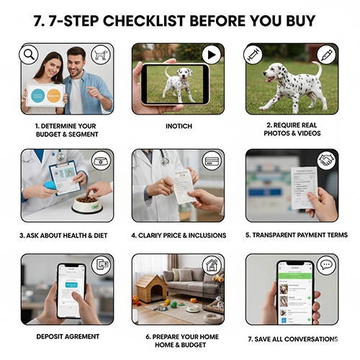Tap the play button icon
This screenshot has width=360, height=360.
click(211, 54)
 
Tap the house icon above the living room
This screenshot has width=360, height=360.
click(212, 266)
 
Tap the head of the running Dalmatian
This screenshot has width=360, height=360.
click(269, 73)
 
